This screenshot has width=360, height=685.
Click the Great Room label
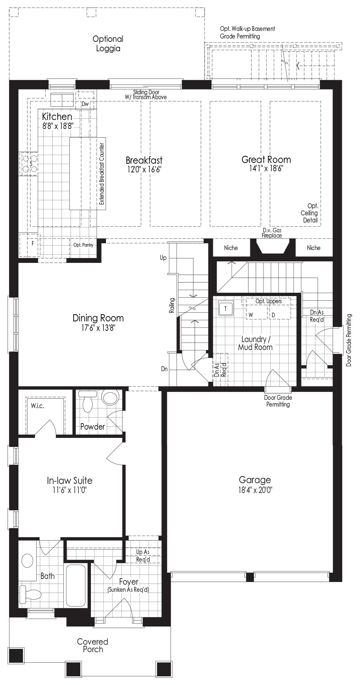pyautogui.click(x=266, y=159)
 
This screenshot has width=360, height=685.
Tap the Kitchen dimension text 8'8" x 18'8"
pyautogui.click(x=57, y=126)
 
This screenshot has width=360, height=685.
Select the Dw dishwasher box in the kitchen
pyautogui.click(x=85, y=104)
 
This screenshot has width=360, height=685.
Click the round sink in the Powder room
pyautogui.click(x=110, y=398)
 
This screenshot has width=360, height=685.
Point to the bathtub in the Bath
pyautogui.click(x=76, y=585)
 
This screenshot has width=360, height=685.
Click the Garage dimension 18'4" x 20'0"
pyautogui.click(x=255, y=490)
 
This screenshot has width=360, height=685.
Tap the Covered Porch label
pyautogui.click(x=93, y=645)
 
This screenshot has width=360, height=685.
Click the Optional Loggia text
pyautogui.click(x=108, y=44)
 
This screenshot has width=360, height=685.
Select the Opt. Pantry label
pyautogui.click(x=83, y=245)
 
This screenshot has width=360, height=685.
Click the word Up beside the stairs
pyautogui.click(x=163, y=258)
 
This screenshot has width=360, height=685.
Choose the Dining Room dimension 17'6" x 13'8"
pyautogui.click(x=98, y=328)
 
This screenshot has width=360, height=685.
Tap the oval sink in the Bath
pyautogui.click(x=28, y=561)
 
